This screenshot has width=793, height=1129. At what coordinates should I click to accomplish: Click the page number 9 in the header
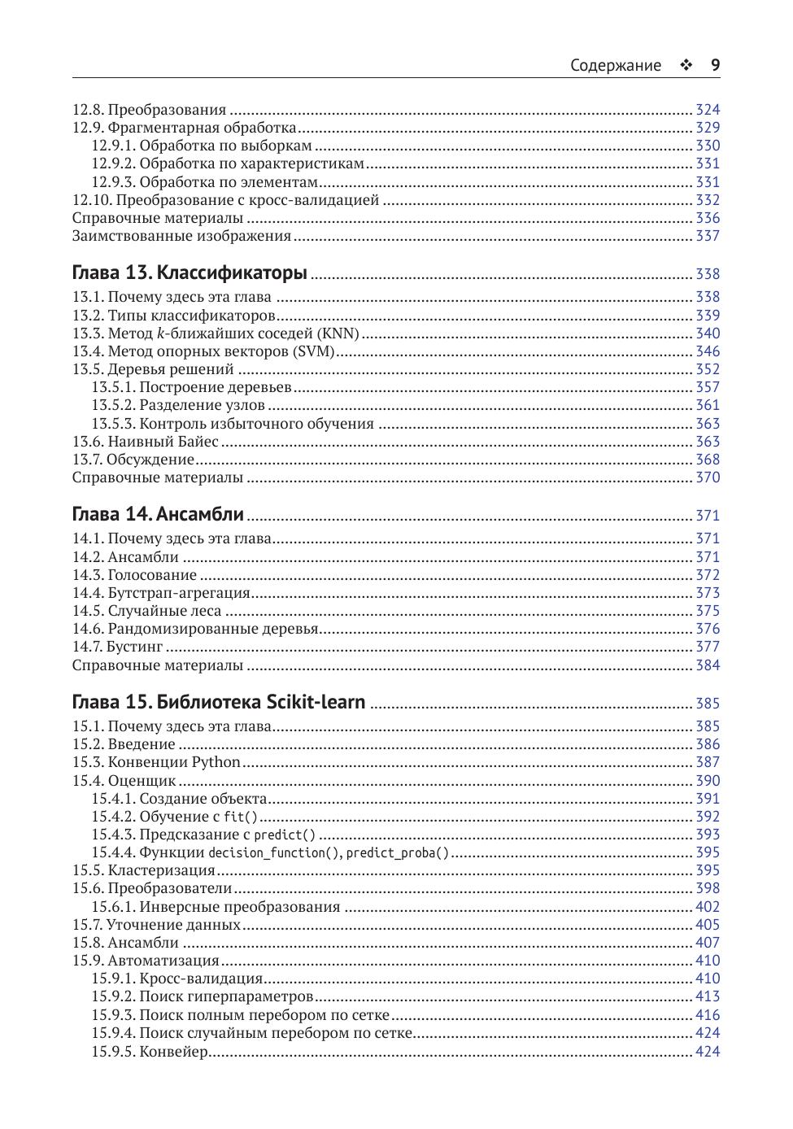[715, 66]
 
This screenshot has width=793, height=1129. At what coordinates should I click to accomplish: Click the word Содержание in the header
[615, 66]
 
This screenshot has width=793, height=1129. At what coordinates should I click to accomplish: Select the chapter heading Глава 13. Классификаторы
[190, 272]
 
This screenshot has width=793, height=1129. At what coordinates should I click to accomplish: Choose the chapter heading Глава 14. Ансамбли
[158, 514]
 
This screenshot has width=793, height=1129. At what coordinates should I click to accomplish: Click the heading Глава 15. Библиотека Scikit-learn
[219, 702]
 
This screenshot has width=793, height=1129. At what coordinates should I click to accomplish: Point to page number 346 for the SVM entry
[708, 351]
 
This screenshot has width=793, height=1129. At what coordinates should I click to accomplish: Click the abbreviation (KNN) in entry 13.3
[338, 333]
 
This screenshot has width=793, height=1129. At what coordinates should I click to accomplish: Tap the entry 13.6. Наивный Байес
[145, 442]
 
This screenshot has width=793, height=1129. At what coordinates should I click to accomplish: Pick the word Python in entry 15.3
[216, 762]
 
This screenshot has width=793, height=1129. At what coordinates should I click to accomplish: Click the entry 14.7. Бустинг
[117, 647]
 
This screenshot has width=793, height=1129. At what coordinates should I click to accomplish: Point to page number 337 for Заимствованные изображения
[708, 236]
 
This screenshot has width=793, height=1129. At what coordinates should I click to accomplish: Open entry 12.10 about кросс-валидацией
[225, 200]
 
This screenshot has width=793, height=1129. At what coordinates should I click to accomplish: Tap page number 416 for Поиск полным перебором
[708, 1015]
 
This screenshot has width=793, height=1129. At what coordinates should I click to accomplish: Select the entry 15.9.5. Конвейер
[150, 1052]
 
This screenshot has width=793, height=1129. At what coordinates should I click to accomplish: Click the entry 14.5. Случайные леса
[146, 611]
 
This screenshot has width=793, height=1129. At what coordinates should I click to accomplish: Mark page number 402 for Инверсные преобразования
[708, 907]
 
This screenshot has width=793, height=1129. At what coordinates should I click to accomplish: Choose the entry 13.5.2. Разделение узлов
[178, 405]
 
